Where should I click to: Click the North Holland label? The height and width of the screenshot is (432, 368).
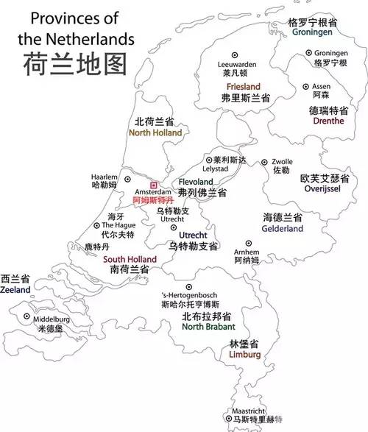(x=155, y=133)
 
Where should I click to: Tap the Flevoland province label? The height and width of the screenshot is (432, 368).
(x=197, y=181)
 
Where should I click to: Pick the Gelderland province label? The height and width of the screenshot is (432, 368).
(x=282, y=229)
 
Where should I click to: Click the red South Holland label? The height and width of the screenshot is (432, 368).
(x=130, y=260)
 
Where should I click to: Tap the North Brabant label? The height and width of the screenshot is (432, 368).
(x=208, y=326)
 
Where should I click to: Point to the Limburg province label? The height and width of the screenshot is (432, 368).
(x=244, y=355)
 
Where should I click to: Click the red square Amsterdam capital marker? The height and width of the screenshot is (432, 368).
(x=153, y=185)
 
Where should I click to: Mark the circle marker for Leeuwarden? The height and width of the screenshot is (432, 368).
(x=236, y=55)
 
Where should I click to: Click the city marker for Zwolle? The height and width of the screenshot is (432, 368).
(x=264, y=162)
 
